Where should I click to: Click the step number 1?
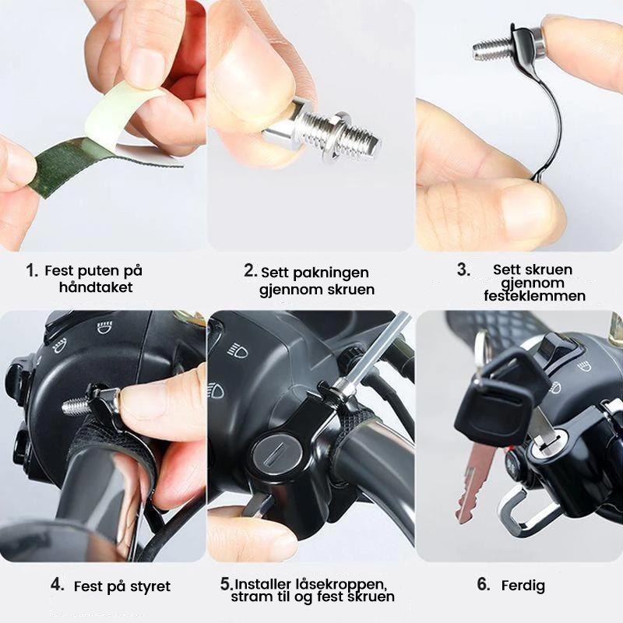pyautogui.click(x=32, y=270)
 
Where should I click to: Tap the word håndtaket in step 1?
pyautogui.click(x=96, y=287)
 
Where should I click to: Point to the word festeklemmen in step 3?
pyautogui.click(x=534, y=296)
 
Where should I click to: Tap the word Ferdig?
pyautogui.click(x=523, y=586)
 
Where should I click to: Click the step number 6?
pyautogui.click(x=484, y=585)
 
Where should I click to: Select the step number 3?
pyautogui.click(x=463, y=269)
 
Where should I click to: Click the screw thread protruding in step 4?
pyautogui.click(x=76, y=405)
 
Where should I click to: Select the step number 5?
pyautogui.click(x=227, y=584)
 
